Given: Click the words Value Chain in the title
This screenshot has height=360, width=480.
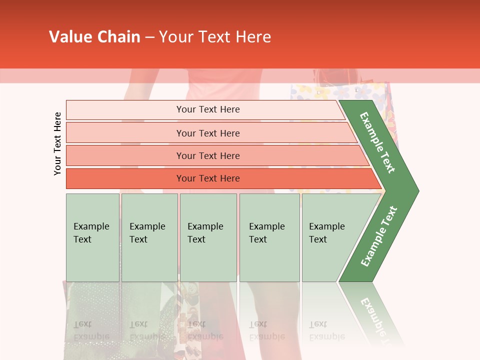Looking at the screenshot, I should (x=94, y=37).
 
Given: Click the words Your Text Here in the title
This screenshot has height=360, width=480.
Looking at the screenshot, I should (x=215, y=37).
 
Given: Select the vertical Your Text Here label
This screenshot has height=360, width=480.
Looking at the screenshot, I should (x=57, y=143).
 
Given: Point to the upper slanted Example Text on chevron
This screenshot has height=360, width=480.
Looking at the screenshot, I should (x=377, y=142).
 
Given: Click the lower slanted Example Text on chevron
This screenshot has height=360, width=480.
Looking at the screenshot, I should (x=379, y=236).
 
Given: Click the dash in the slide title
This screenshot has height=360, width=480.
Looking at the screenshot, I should (x=149, y=37).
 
